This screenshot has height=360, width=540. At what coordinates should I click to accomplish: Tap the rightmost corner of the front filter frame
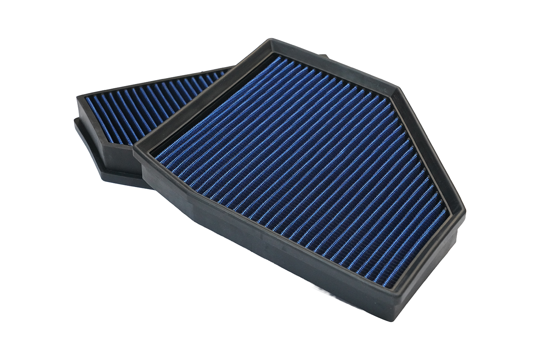464,211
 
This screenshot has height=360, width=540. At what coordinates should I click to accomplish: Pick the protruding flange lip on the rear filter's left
86,143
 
